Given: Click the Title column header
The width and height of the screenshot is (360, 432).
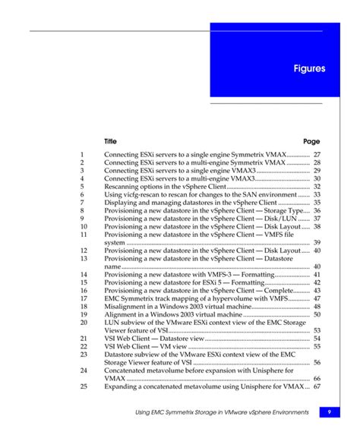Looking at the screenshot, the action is [x=111, y=141].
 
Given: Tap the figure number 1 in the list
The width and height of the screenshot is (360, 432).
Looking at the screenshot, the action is [x=81, y=155].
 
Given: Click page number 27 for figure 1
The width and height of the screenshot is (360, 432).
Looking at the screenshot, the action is [x=317, y=155].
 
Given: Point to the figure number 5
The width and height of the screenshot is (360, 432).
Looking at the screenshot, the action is [x=81, y=186].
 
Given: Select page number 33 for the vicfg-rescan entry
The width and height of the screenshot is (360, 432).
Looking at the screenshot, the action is [x=317, y=194].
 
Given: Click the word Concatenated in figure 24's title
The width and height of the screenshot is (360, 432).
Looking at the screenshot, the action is [x=128, y=370].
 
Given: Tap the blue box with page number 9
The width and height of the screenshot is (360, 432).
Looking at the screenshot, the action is [x=330, y=412].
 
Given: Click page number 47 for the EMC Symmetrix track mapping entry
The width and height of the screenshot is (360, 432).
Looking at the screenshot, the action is [x=317, y=298].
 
